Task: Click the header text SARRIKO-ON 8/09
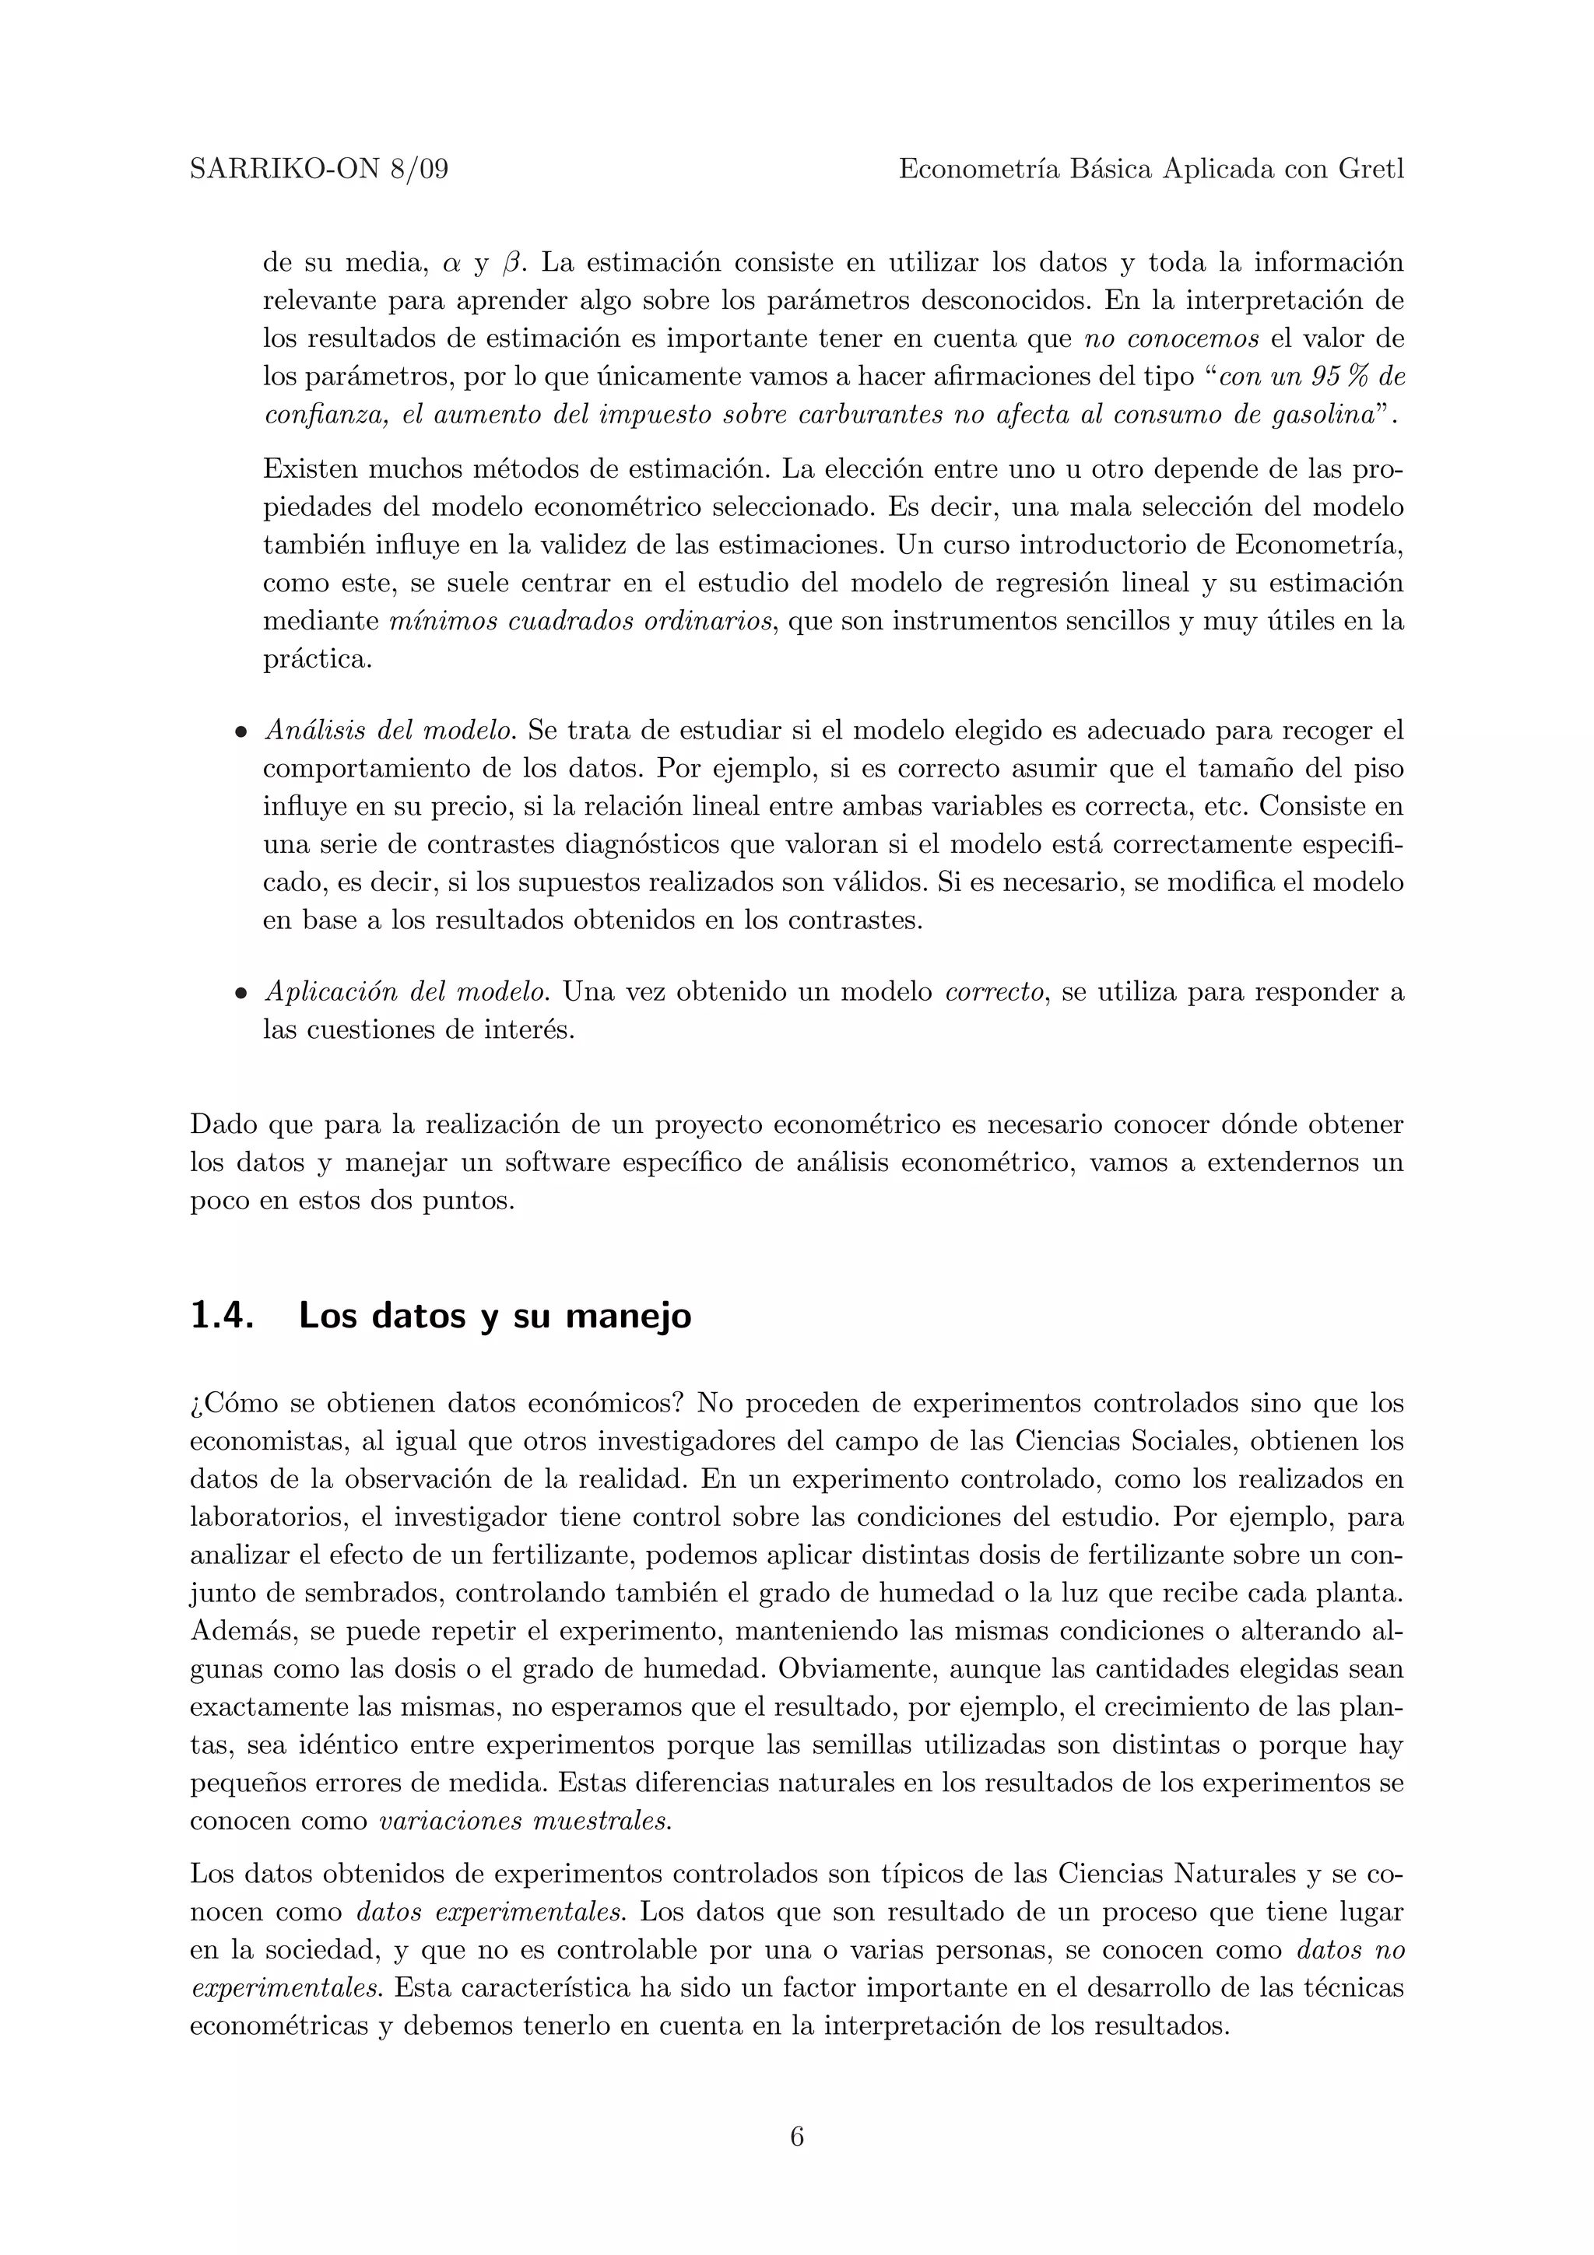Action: point(318,170)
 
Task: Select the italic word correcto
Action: point(993,992)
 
